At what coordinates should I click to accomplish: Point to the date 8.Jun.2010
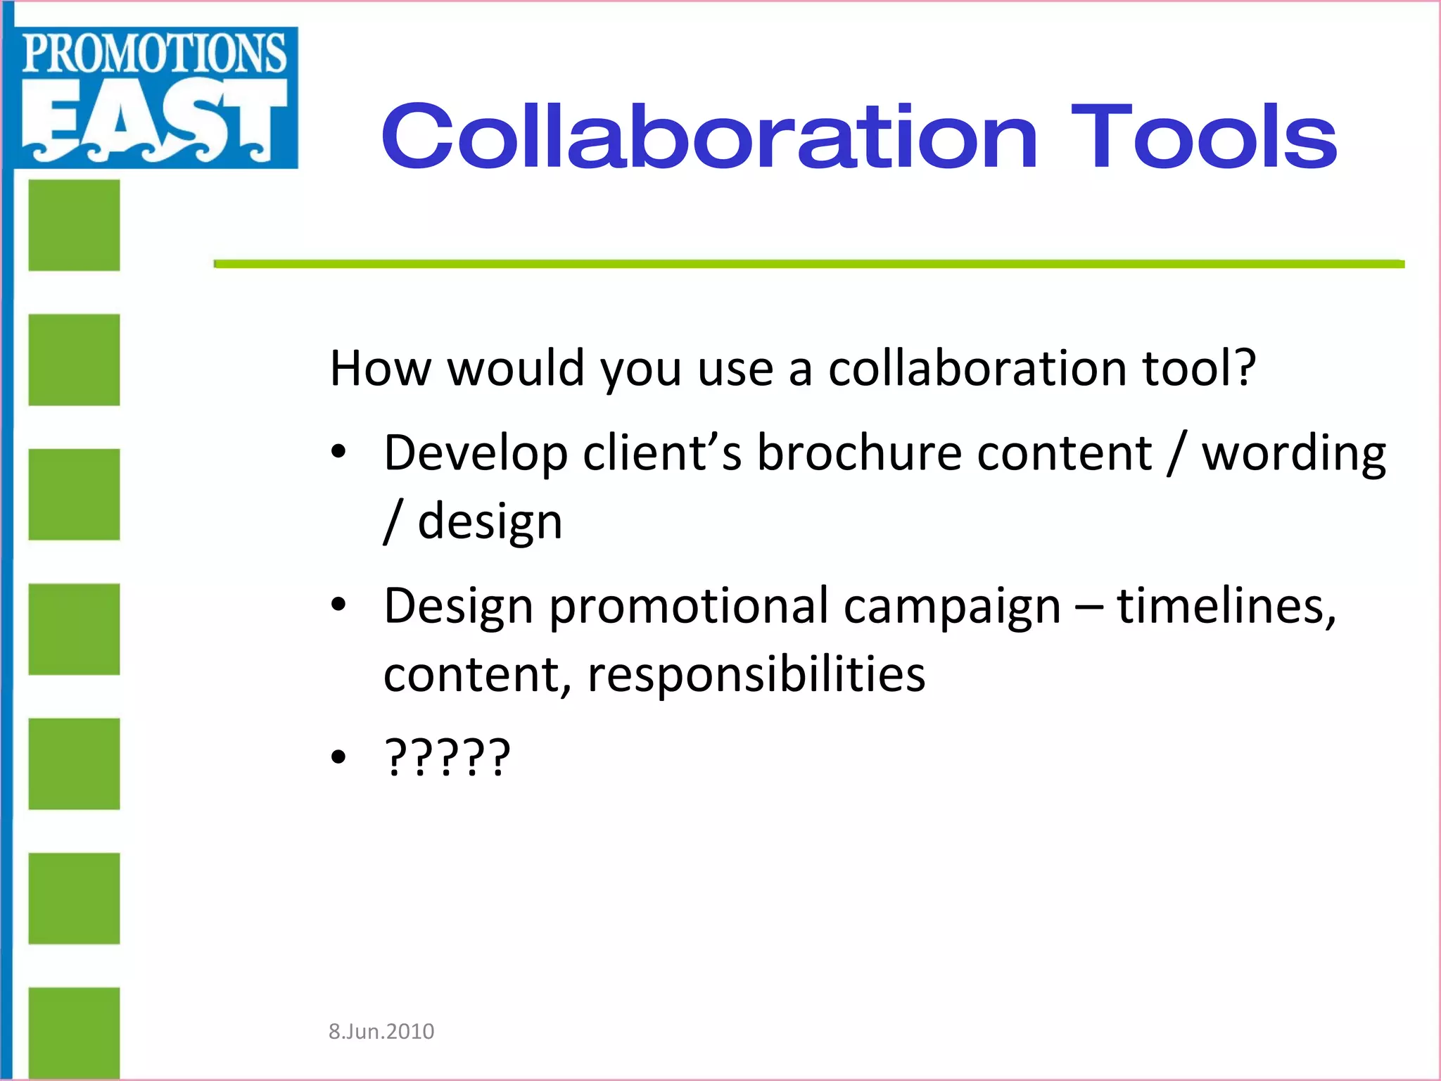pyautogui.click(x=381, y=1031)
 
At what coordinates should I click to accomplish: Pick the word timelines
pyautogui.click(x=1226, y=606)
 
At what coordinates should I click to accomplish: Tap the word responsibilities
pyautogui.click(x=756, y=674)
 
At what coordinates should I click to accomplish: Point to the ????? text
pyautogui.click(x=447, y=757)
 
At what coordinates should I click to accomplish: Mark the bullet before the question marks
pyautogui.click(x=339, y=757)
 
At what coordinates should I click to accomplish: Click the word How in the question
pyautogui.click(x=381, y=368)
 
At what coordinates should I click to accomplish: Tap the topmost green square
pyautogui.click(x=74, y=225)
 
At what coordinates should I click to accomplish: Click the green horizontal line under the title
pyautogui.click(x=809, y=264)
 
